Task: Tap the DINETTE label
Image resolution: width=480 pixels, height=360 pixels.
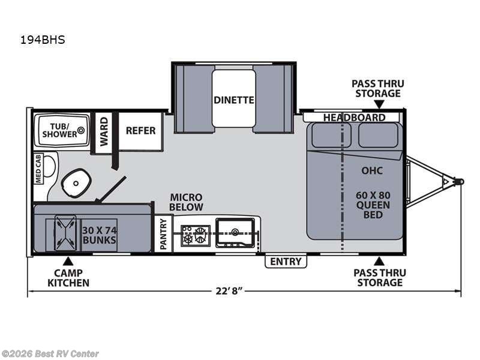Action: click(x=234, y=100)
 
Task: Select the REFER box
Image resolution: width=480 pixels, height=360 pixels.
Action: click(x=140, y=130)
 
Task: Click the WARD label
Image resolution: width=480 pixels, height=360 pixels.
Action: click(x=104, y=131)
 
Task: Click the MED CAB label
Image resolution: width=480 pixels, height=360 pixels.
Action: click(x=38, y=168)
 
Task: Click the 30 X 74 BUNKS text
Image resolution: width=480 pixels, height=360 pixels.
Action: click(x=99, y=235)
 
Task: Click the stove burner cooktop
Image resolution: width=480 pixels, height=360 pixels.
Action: click(x=196, y=235)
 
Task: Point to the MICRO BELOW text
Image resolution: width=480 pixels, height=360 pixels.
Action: click(x=186, y=202)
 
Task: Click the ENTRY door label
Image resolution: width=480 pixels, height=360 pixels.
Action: click(x=286, y=262)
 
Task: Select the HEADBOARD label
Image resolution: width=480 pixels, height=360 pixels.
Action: click(x=354, y=118)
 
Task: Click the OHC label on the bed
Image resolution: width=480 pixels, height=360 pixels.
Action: click(x=371, y=170)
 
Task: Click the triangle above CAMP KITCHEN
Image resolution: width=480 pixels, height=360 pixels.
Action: click(x=68, y=260)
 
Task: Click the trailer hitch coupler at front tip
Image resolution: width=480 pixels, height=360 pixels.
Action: click(x=459, y=181)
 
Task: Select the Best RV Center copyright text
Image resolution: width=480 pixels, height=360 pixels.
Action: click(x=50, y=354)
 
